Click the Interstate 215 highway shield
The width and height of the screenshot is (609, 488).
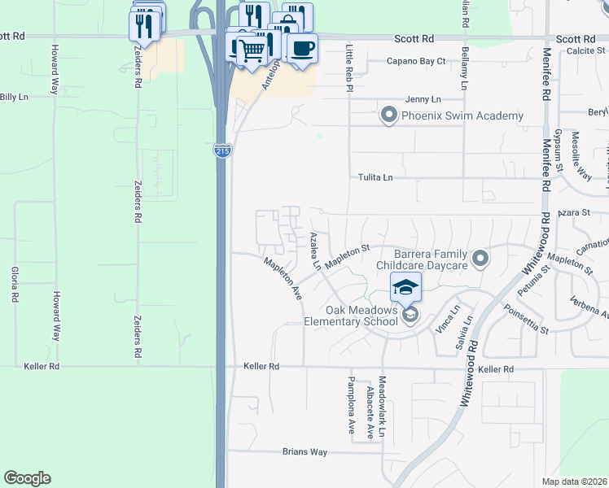tap(222, 150)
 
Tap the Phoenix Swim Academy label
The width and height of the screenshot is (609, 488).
tap(462, 116)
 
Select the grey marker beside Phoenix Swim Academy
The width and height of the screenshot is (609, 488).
tap(389, 115)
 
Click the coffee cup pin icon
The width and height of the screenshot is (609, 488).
tap(302, 50)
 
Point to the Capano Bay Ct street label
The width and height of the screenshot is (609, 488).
tap(416, 61)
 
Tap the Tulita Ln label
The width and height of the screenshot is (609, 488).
tap(375, 177)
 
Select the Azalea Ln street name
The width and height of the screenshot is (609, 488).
tap(315, 251)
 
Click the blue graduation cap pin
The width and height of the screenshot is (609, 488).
tap(406, 287)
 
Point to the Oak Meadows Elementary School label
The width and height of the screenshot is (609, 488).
tap(362, 316)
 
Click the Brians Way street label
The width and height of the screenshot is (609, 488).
tap(304, 451)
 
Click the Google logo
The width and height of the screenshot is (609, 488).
tap(27, 478)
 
